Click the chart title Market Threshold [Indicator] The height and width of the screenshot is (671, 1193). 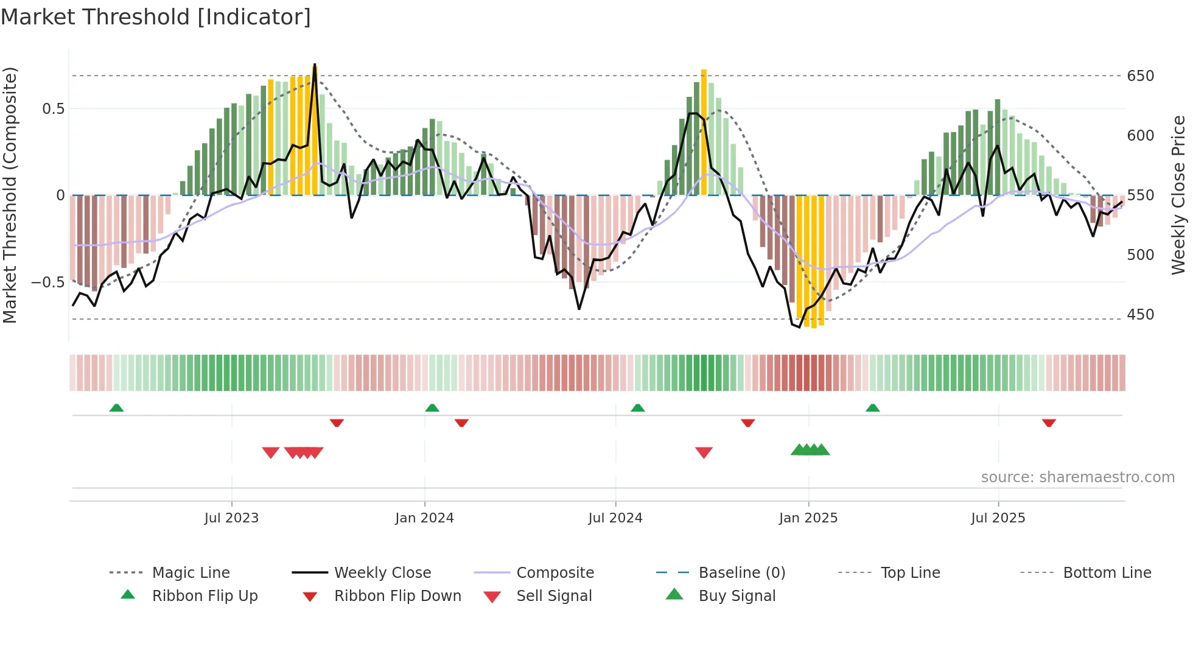click(156, 17)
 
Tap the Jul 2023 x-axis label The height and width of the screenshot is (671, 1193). click(231, 518)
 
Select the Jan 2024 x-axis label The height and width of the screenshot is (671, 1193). click(424, 518)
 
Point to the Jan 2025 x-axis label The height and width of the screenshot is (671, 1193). click(808, 518)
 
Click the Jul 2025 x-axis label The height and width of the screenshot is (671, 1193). click(998, 518)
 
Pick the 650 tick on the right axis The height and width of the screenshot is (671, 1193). click(1140, 76)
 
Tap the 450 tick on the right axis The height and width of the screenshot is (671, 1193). click(1140, 315)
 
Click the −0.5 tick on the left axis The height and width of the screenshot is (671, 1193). click(47, 283)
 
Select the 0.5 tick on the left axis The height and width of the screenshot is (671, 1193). click(53, 109)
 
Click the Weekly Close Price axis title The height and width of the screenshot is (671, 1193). click(1178, 195)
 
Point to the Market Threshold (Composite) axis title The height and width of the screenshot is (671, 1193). click(10, 195)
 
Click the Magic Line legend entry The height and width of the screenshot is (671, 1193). click(191, 573)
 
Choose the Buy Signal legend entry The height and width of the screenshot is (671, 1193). click(736, 596)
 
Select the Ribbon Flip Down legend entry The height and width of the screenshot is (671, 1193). click(397, 596)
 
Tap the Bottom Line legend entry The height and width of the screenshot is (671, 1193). click(1107, 573)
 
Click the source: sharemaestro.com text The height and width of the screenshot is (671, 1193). click(1077, 477)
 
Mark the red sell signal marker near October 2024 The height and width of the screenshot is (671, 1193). click(704, 452)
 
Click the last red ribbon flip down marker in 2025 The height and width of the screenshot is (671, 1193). click(1049, 423)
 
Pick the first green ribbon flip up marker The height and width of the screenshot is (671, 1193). click(116, 407)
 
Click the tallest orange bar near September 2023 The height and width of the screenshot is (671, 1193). click(315, 131)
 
